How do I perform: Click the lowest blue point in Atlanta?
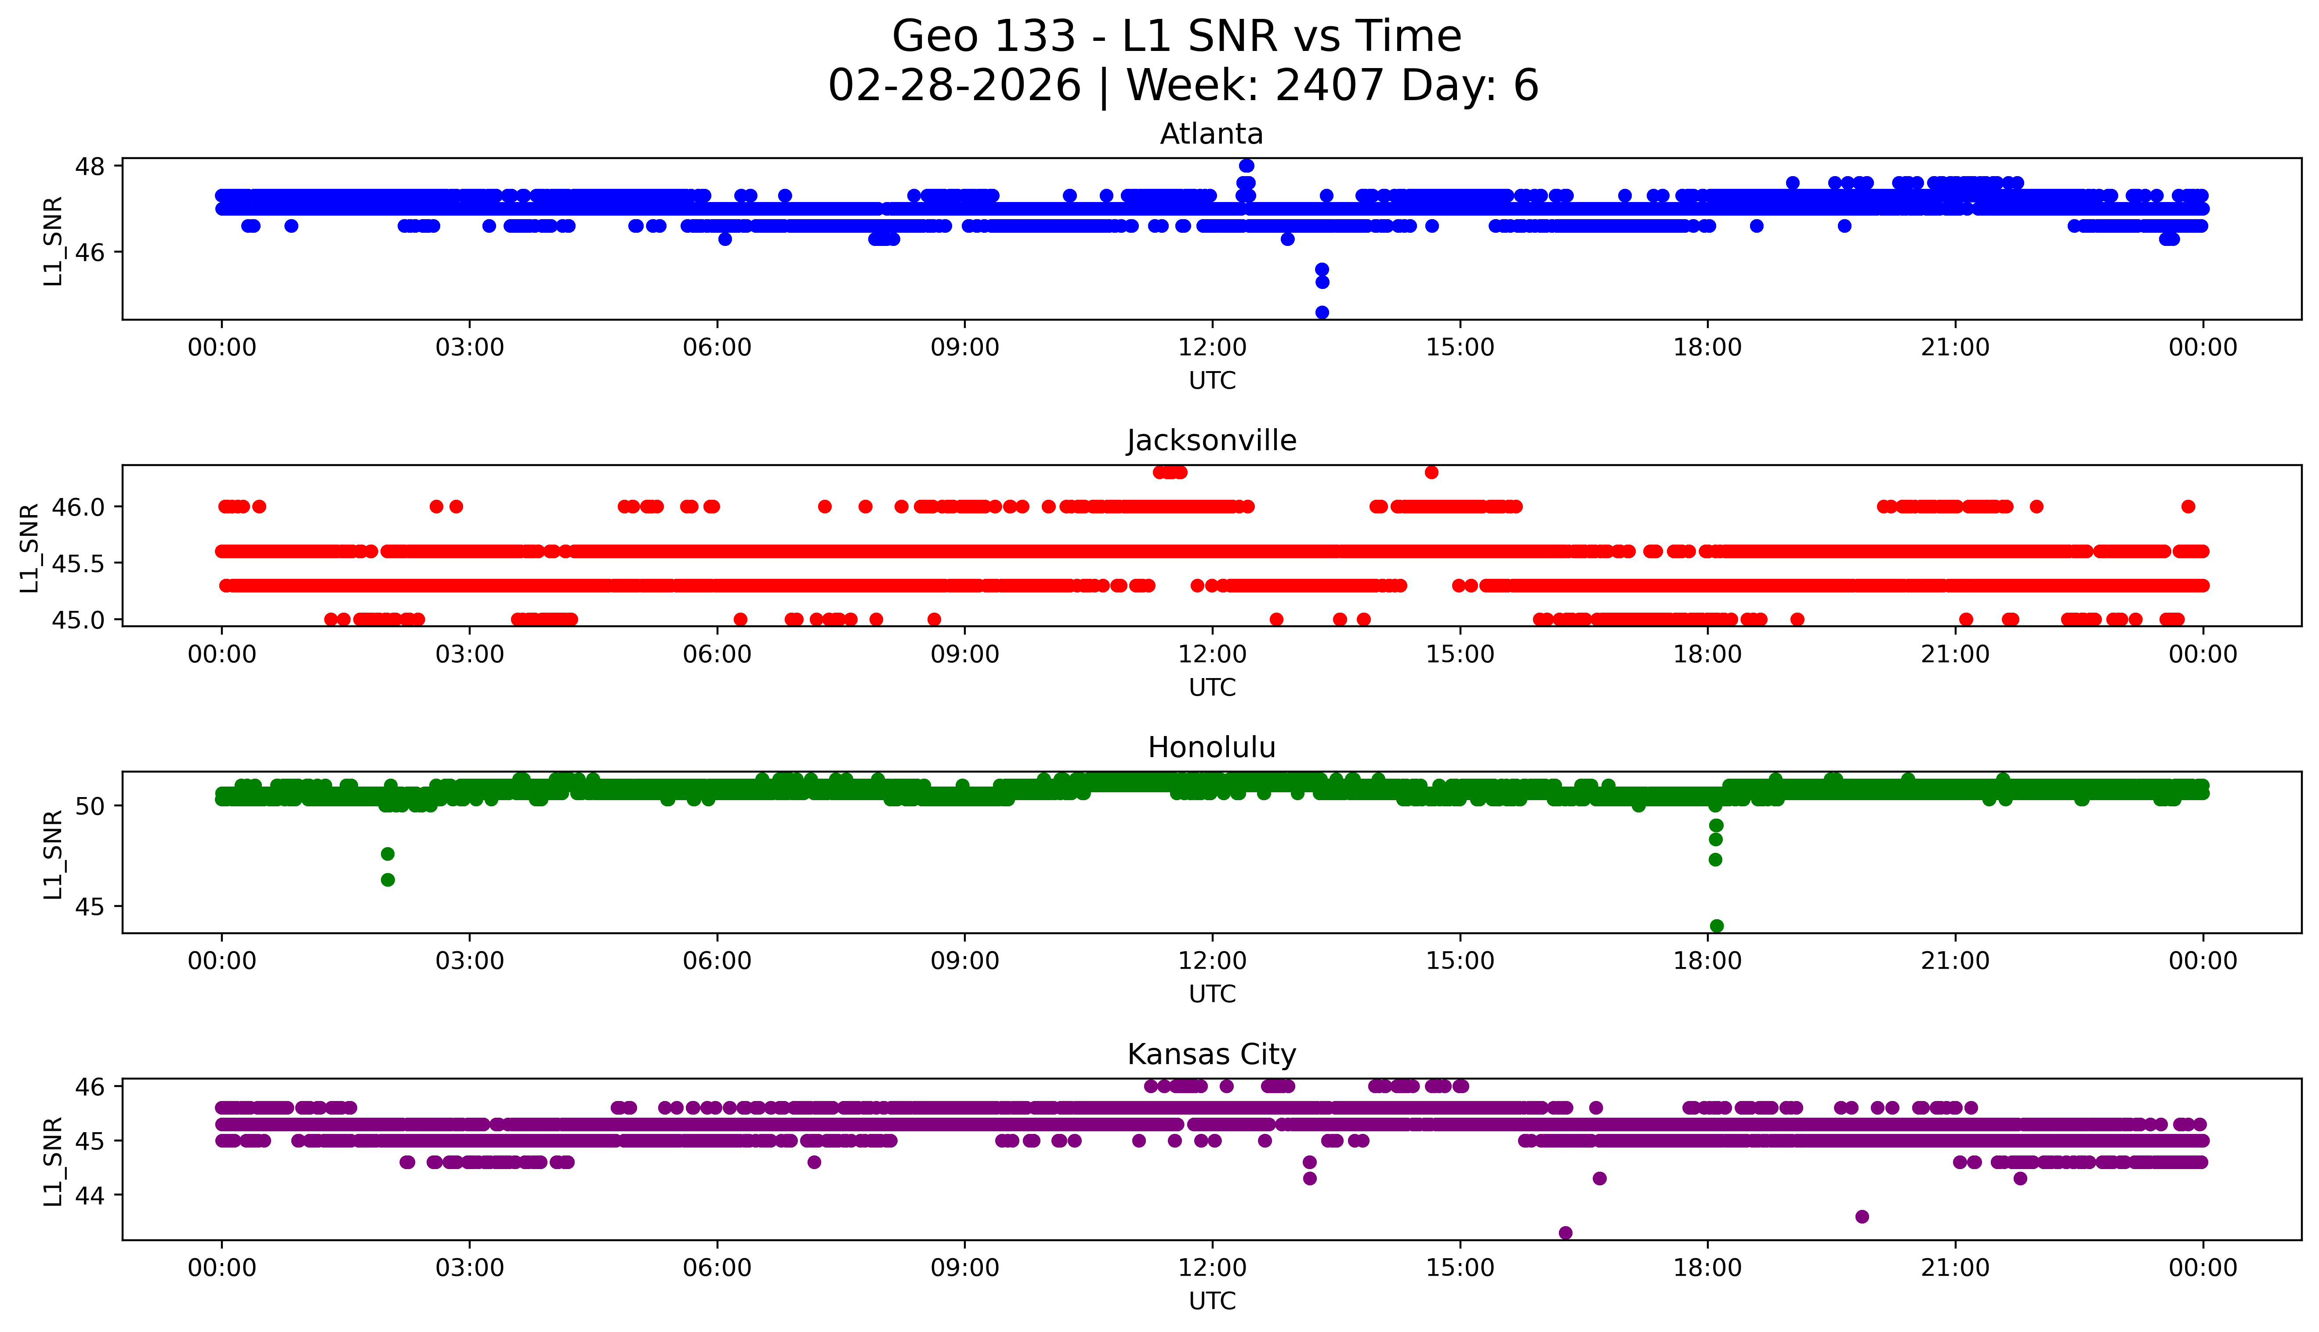1322,312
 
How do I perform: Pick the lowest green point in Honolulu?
1716,926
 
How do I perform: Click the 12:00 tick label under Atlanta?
1212,348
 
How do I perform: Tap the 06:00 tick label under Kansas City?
717,1268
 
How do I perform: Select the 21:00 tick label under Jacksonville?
1955,654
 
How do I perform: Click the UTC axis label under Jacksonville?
1212,687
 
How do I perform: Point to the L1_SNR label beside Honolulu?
53,854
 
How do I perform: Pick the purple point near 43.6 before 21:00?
1862,1216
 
